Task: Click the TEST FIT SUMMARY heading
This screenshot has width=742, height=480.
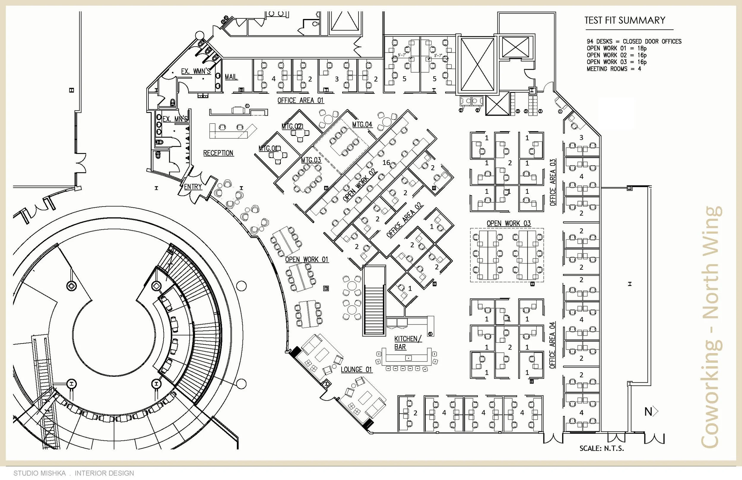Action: pyautogui.click(x=625, y=20)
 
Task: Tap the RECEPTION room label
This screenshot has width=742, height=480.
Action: pyautogui.click(x=218, y=153)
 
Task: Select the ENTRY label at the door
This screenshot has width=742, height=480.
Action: pyautogui.click(x=193, y=187)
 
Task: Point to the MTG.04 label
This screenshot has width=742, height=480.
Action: pyautogui.click(x=362, y=125)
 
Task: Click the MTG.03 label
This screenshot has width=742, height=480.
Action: pyautogui.click(x=311, y=160)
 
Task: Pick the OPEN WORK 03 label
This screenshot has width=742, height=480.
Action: pyautogui.click(x=508, y=223)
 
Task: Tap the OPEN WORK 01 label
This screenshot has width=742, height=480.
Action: pyautogui.click(x=307, y=259)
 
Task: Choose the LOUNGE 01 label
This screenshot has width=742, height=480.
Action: pyautogui.click(x=356, y=370)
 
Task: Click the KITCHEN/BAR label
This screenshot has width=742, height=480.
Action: pyautogui.click(x=408, y=343)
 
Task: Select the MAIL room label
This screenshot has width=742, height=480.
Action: pyautogui.click(x=231, y=77)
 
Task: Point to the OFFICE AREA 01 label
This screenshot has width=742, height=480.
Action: pyautogui.click(x=301, y=100)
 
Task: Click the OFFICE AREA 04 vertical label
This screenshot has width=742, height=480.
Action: pyautogui.click(x=552, y=345)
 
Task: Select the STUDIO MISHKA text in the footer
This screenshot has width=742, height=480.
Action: pyautogui.click(x=39, y=473)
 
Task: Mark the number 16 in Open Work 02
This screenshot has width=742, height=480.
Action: pyautogui.click(x=386, y=162)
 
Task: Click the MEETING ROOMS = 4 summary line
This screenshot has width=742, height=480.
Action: pyautogui.click(x=613, y=69)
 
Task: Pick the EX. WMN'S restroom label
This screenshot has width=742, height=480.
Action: pyautogui.click(x=196, y=71)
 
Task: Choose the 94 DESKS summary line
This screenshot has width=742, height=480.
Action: pyautogui.click(x=634, y=42)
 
